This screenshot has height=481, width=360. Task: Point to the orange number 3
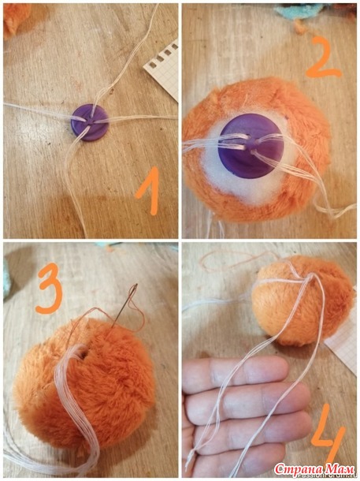click(49, 289)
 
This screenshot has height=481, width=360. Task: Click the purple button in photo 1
click(90, 122)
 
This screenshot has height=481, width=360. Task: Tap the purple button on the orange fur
click(251, 146)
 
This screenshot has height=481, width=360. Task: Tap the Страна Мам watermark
click(314, 469)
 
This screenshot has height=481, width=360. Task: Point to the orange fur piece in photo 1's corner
click(16, 18)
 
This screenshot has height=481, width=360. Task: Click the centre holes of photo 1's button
click(90, 121)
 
